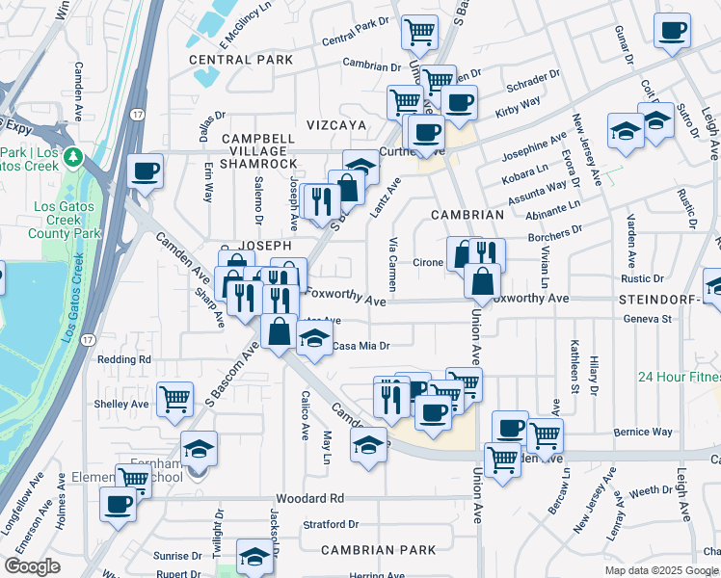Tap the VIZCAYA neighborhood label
[336, 125]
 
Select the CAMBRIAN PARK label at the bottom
[371, 550]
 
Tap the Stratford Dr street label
[330, 525]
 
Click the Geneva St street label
[646, 318]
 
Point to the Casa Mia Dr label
[360, 346]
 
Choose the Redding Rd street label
[124, 359]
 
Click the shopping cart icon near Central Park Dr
[420, 31]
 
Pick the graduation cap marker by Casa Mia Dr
[313, 337]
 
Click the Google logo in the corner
[32, 566]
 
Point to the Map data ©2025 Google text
[661, 570]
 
